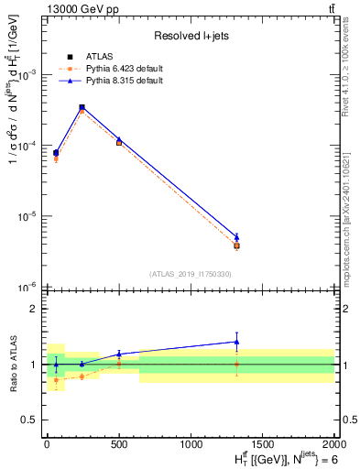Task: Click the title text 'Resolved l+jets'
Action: (190, 36)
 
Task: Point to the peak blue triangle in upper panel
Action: (82, 106)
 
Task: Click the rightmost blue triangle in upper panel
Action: (236, 236)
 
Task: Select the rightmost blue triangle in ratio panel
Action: (236, 342)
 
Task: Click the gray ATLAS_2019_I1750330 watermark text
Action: (190, 274)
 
